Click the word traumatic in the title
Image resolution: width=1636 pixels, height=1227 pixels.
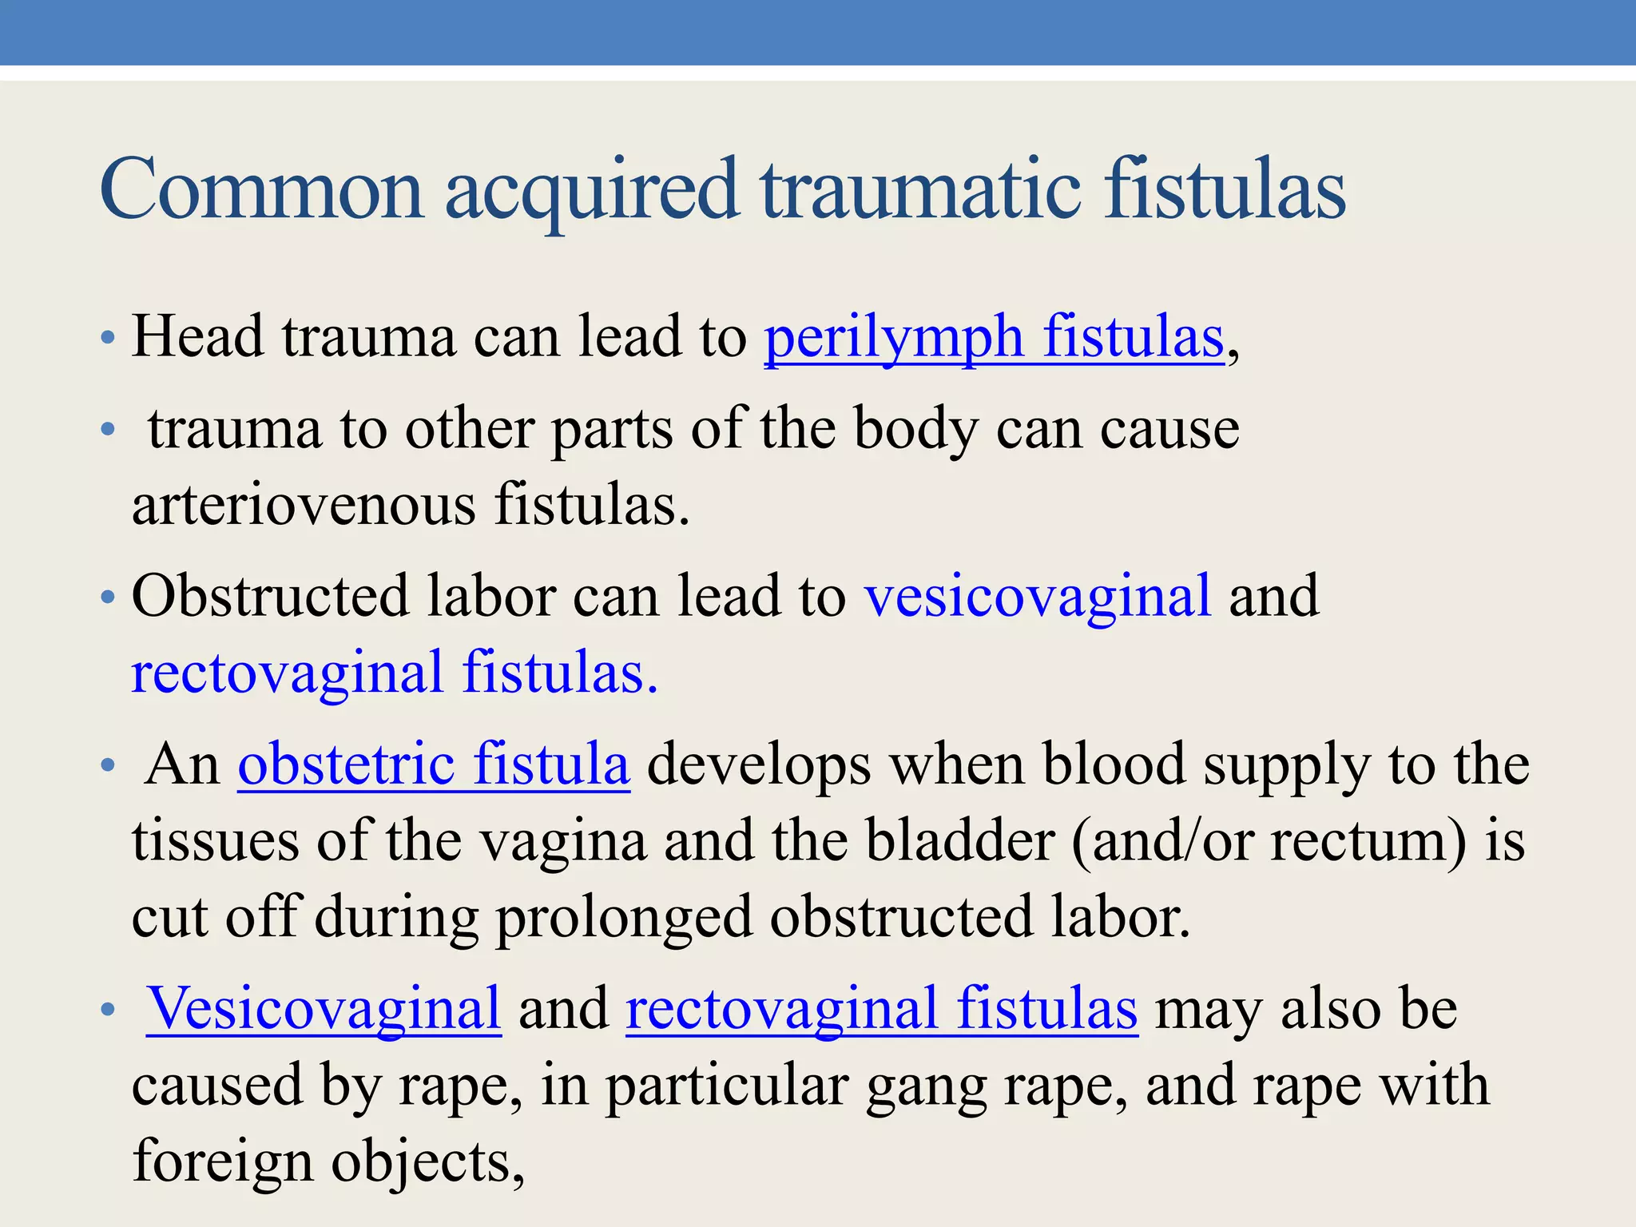(x=920, y=190)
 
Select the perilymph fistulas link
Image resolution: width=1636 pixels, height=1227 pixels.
(x=994, y=336)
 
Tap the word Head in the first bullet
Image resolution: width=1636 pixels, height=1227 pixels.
(x=197, y=336)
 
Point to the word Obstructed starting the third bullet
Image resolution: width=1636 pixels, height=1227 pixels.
(x=270, y=596)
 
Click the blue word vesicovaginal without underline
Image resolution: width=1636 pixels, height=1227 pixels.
(x=1038, y=596)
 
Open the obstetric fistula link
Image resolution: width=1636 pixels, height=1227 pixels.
(x=434, y=764)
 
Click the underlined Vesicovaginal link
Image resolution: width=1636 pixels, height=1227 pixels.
(x=324, y=1008)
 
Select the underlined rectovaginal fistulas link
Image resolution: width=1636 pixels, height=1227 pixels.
(x=881, y=1008)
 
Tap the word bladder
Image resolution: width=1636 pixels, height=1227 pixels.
(x=960, y=840)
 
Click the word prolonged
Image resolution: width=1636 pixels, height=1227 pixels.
(x=624, y=917)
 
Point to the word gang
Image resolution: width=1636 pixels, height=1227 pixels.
(x=926, y=1086)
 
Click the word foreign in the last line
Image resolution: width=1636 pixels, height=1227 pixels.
(x=223, y=1161)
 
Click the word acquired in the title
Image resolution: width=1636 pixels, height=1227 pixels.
(x=590, y=190)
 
